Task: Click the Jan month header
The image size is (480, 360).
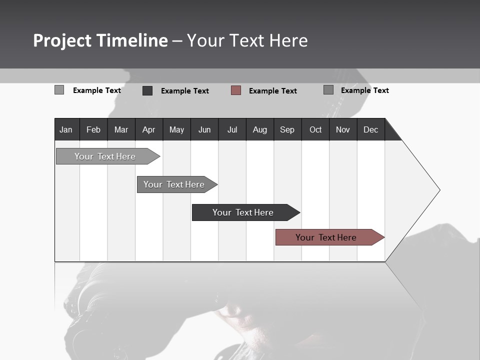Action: pyautogui.click(x=66, y=129)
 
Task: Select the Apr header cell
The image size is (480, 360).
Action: pyautogui.click(x=148, y=129)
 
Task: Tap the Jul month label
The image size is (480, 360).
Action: pyautogui.click(x=232, y=129)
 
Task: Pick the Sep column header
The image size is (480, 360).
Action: pyautogui.click(x=287, y=129)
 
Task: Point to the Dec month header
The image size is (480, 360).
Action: pyautogui.click(x=370, y=129)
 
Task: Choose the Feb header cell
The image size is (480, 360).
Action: pyautogui.click(x=93, y=129)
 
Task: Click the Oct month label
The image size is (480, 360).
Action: pyautogui.click(x=315, y=129)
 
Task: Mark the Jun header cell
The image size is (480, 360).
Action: pyautogui.click(x=204, y=129)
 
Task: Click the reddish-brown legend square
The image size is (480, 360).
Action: pyautogui.click(x=236, y=90)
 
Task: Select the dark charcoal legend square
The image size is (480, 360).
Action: pyautogui.click(x=147, y=90)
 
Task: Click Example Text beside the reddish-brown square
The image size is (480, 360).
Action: pyautogui.click(x=272, y=91)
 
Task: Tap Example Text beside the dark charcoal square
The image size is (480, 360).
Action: pyautogui.click(x=184, y=91)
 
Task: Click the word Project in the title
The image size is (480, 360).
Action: pyautogui.click(x=62, y=40)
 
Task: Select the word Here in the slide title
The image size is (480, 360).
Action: pyautogui.click(x=288, y=40)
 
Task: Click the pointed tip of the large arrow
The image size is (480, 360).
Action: pyautogui.click(x=438, y=190)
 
